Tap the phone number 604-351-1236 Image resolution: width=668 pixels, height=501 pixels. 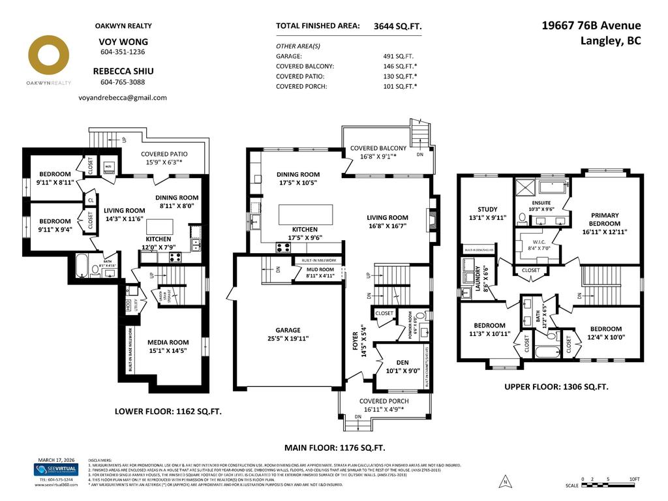tap(123, 52)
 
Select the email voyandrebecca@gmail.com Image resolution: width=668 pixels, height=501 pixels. tap(123, 97)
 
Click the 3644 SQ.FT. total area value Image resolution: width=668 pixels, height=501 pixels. tap(398, 26)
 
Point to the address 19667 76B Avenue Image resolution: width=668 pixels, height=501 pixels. tap(592, 25)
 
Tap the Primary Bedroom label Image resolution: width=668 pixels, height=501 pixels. tap(605, 219)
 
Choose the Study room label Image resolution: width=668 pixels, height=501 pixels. tap(487, 209)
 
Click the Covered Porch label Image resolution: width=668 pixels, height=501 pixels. tap(384, 401)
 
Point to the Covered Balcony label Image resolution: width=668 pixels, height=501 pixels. tap(378, 148)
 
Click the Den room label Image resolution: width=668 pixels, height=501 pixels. tap(402, 363)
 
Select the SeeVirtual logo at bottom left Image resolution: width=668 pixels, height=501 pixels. tap(55, 470)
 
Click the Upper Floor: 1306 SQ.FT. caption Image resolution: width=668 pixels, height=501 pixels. tap(556, 387)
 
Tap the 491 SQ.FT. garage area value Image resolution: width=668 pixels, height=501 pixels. tap(398, 56)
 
